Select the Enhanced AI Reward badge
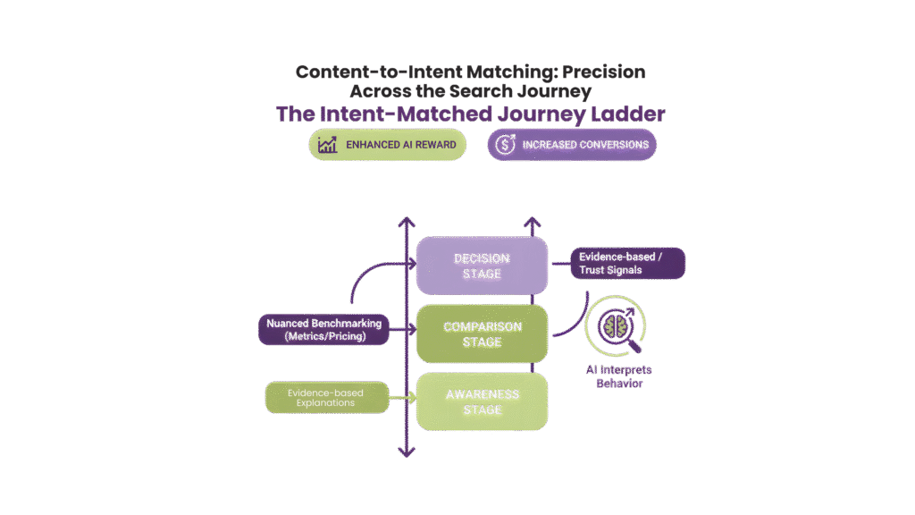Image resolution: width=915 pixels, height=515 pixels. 388,145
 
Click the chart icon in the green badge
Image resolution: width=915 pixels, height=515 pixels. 327,145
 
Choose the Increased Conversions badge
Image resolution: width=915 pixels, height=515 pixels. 572,145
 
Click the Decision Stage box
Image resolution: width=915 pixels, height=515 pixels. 482,266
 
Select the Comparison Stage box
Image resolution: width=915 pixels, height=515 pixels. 482,333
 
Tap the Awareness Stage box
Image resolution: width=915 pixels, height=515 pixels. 482,401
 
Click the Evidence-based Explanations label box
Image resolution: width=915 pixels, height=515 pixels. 327,397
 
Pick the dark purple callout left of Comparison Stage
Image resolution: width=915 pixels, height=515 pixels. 323,329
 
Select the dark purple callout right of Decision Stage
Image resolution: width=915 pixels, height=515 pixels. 628,263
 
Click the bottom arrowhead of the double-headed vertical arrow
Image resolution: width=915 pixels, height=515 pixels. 407,451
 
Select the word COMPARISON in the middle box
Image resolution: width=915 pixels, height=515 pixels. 483,326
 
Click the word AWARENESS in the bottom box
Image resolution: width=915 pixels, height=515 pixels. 483,394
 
